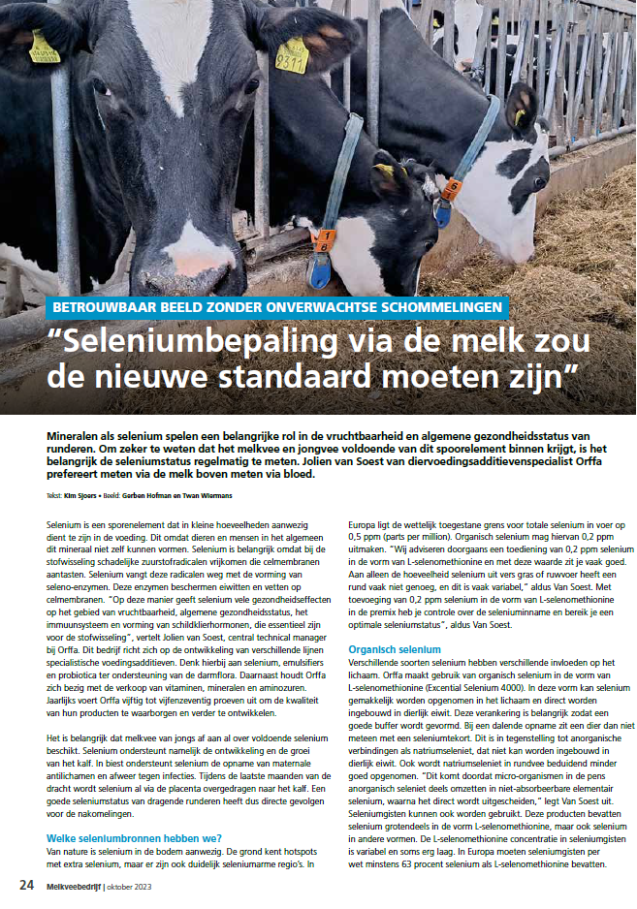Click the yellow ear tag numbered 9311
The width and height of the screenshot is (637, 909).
[291, 55]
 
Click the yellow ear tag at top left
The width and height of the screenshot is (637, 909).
[44, 48]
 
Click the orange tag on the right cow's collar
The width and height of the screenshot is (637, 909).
[451, 188]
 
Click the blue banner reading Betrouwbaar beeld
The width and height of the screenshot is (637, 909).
[277, 307]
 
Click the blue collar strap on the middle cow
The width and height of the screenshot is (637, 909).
[339, 174]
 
